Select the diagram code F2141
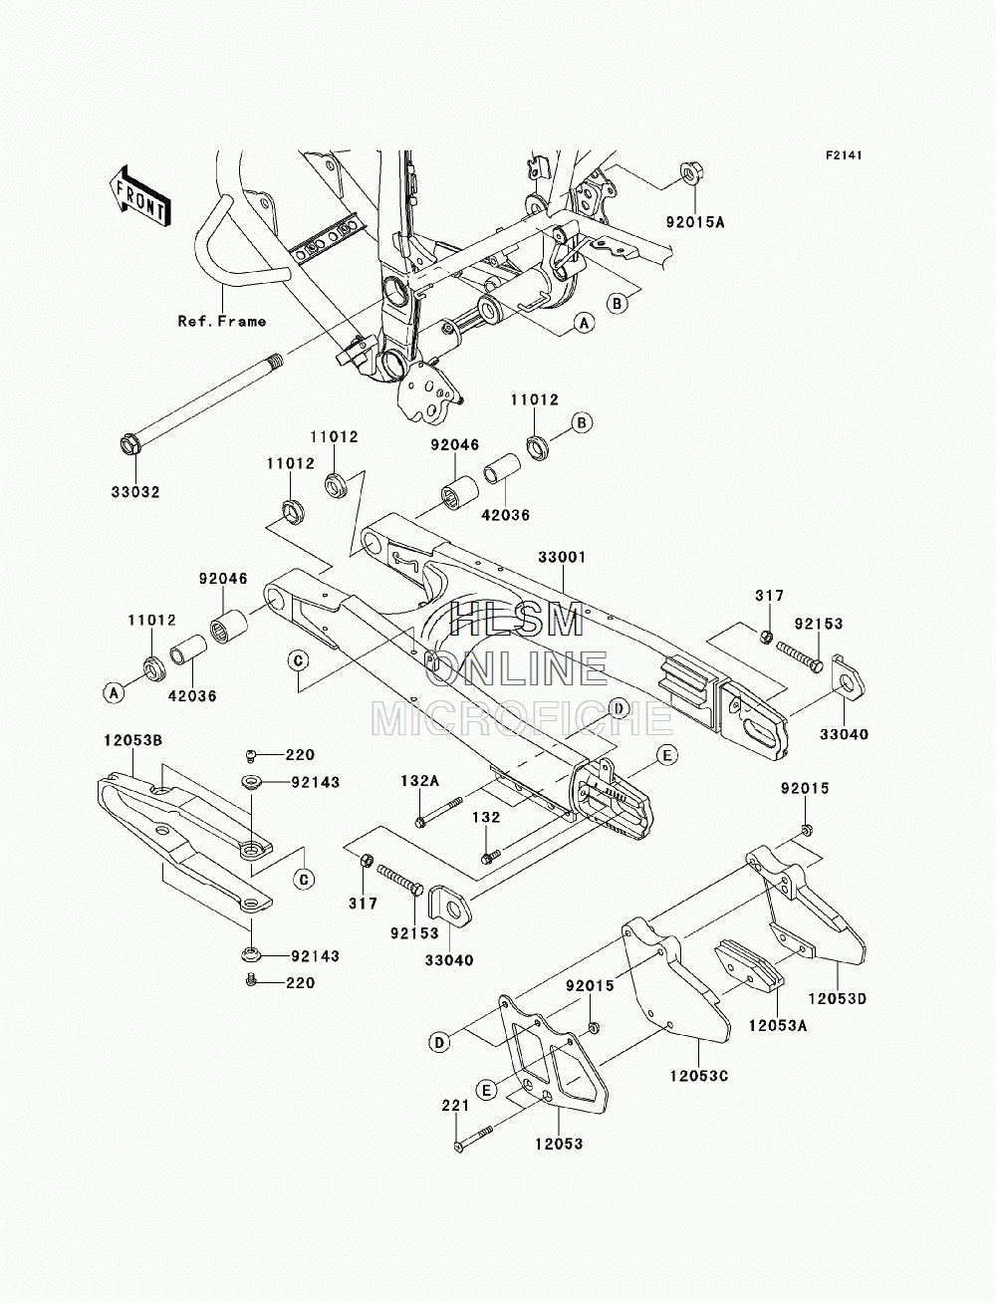tap(844, 155)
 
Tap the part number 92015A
tap(695, 222)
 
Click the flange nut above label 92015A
tap(688, 174)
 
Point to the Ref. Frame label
tap(222, 321)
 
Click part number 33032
tap(135, 492)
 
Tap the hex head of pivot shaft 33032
tap(130, 444)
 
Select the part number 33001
tap(562, 558)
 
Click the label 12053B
tap(132, 741)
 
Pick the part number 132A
tap(419, 781)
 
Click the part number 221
tap(455, 1106)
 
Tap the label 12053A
tap(778, 1026)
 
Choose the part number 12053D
tap(837, 999)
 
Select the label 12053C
tap(699, 1076)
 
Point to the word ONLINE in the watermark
tap(517, 668)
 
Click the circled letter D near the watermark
tap(619, 708)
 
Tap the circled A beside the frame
tap(584, 324)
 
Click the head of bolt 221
tap(458, 1146)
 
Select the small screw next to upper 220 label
tap(250, 755)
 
